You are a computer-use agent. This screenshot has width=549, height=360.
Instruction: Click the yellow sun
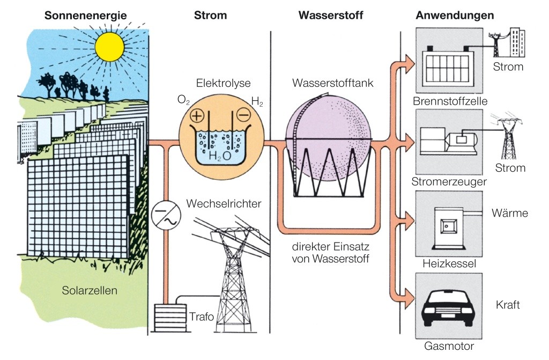109,47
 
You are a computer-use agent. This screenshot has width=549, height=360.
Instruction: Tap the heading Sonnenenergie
86,16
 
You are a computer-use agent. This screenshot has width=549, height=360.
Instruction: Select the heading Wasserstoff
331,16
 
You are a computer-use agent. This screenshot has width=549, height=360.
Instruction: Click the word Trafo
202,317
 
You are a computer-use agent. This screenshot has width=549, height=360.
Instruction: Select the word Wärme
510,214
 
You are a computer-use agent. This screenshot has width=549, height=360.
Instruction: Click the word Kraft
508,305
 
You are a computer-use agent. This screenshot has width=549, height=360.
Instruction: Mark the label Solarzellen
90,290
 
